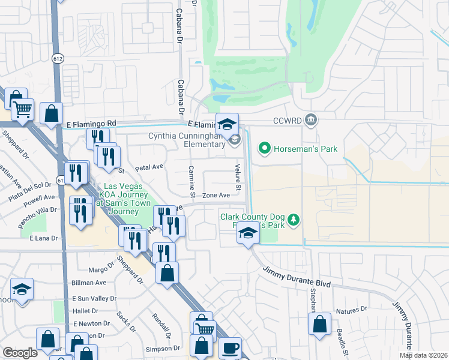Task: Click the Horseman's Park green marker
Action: point(263,148)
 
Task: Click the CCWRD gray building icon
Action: point(311,119)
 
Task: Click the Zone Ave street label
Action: point(216,196)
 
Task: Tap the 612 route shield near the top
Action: point(58,58)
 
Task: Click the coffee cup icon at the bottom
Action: point(230,349)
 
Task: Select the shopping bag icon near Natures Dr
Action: point(319,323)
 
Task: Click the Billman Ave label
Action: point(89,283)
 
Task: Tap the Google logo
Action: point(20,353)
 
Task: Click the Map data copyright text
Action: point(423,355)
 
